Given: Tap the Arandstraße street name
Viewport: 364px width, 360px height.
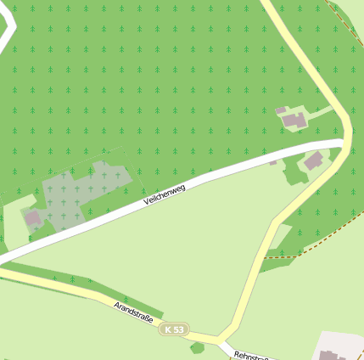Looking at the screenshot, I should pos(133,311).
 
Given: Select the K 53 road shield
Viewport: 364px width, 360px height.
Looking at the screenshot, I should pos(175,329).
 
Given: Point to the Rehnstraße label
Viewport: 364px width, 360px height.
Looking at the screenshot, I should pos(251,355).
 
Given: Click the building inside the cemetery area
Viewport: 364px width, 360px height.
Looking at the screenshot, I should pos(34,218).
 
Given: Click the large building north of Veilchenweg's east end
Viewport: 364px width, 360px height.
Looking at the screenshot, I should pos(295,121).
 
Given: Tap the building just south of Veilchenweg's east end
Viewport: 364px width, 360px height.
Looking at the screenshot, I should pos(314,160).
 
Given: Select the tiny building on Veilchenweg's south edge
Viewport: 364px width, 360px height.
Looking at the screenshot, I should pos(272,161).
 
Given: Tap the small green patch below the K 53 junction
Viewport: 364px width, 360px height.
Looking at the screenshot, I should pos(198,347).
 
